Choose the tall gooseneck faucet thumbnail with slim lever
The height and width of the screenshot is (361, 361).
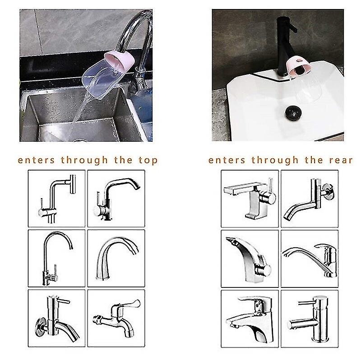click(x=56, y=257)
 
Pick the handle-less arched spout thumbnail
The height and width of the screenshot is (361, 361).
click(x=115, y=257)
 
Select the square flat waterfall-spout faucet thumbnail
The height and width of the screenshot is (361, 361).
click(x=250, y=198)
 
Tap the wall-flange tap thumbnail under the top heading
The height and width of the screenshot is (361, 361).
click(x=56, y=316)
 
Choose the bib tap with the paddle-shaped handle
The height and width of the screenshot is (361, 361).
click(x=115, y=316)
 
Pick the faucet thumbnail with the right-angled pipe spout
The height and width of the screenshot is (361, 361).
click(x=56, y=198)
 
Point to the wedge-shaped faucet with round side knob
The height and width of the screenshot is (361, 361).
click(x=250, y=257)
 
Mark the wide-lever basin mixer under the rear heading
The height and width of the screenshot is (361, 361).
click(x=250, y=316)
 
